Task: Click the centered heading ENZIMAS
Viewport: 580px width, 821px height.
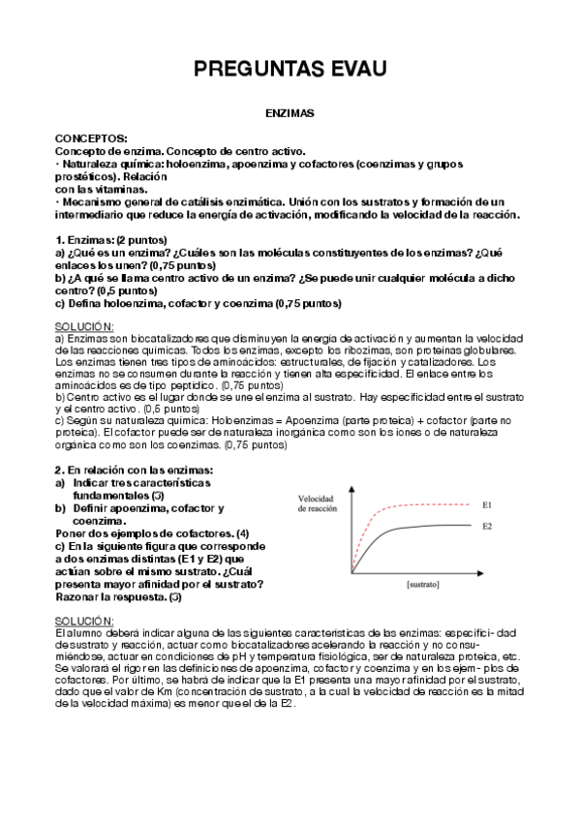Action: coord(290,113)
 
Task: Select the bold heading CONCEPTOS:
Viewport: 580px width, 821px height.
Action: coord(91,139)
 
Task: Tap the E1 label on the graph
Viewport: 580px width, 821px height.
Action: coord(489,503)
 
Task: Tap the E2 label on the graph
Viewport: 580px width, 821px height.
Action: coord(489,526)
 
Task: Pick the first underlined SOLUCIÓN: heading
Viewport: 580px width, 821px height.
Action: coord(84,327)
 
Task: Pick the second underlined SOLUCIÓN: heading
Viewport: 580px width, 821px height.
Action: coord(84,620)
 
